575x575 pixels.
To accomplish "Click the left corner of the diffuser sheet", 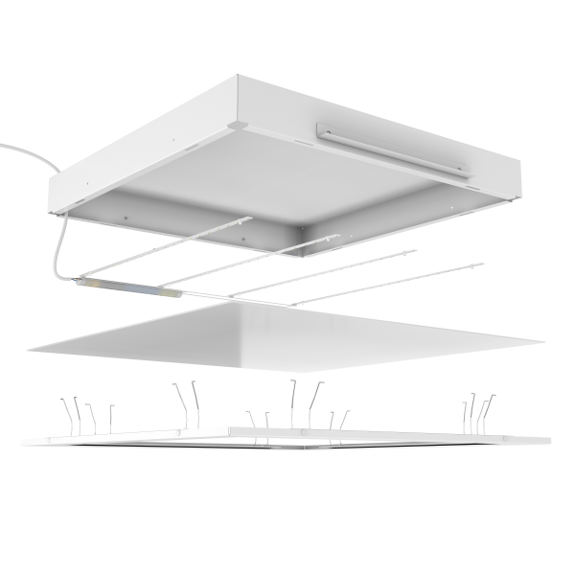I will (x=30, y=347).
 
